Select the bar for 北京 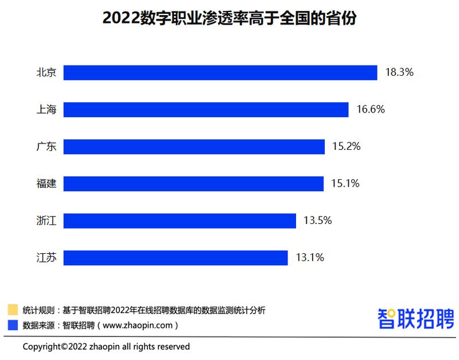click(220, 72)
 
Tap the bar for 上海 click(206, 110)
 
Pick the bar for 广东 click(194, 146)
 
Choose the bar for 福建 click(193, 184)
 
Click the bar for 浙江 click(180, 220)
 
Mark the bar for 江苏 click(176, 258)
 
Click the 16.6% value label click(370, 110)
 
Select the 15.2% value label click(346, 146)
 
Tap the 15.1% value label click(345, 184)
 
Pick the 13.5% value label click(318, 220)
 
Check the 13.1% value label click(310, 258)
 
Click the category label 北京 click(46, 72)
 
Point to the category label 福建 click(46, 184)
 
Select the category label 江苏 click(46, 258)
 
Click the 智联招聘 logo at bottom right click(415, 318)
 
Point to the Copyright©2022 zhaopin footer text click(106, 347)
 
